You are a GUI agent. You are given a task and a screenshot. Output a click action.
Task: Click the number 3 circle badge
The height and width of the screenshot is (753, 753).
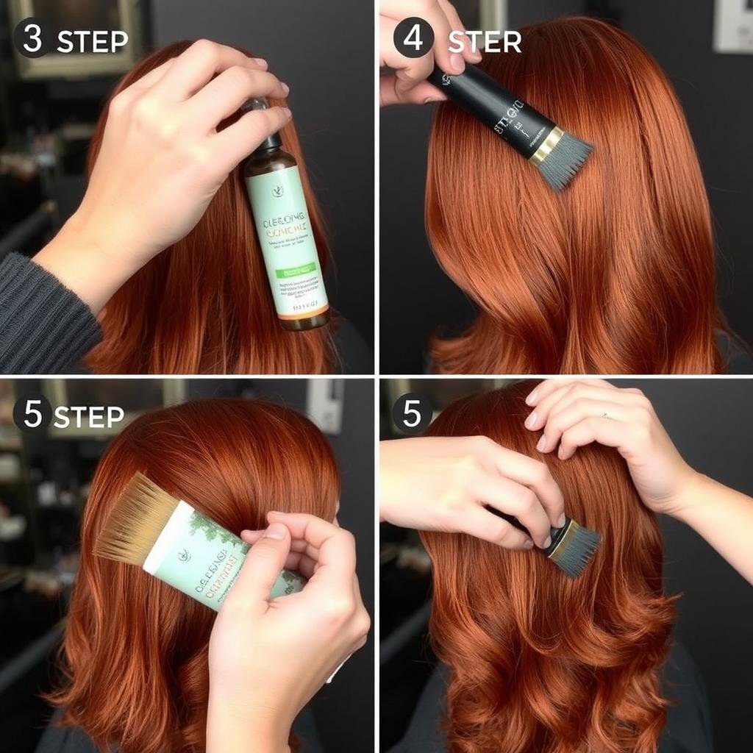pyautogui.click(x=32, y=39)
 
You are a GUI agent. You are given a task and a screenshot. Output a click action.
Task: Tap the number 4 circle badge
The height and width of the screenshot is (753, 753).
pyautogui.click(x=413, y=39)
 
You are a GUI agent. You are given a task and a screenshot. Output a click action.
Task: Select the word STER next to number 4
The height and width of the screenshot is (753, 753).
pyautogui.click(x=485, y=43)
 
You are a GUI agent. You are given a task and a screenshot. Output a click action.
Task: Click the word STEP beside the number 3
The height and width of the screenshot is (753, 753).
pyautogui.click(x=92, y=42)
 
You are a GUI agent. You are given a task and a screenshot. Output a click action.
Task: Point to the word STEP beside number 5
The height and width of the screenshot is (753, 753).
pyautogui.click(x=89, y=417)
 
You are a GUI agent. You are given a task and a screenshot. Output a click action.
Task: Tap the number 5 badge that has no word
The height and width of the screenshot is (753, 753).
pyautogui.click(x=412, y=413)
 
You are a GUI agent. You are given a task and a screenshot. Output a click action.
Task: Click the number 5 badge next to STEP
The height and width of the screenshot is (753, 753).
pyautogui.click(x=32, y=413)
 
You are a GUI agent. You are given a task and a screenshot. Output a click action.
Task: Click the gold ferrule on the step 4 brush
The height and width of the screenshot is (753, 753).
pyautogui.click(x=546, y=146)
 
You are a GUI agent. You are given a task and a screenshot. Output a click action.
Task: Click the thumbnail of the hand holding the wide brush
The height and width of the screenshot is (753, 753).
pyautogui.click(x=274, y=531)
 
